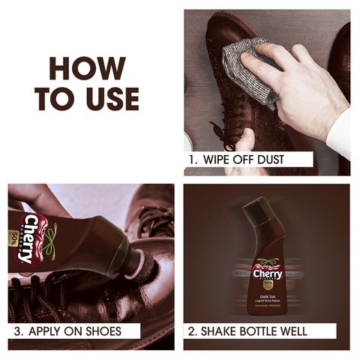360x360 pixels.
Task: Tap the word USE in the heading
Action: pyautogui.click(x=111, y=98)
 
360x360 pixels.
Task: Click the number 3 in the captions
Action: pyautogui.click(x=17, y=331)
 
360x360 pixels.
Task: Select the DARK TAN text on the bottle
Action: pyautogui.click(x=268, y=298)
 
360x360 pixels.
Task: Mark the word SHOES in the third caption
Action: pyautogui.click(x=102, y=331)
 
